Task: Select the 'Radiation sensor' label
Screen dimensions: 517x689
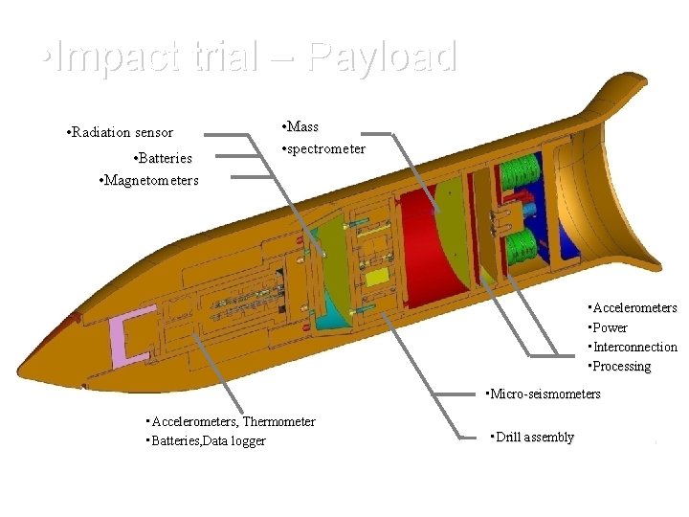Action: pos(121,133)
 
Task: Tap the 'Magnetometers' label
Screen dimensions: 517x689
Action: pos(149,180)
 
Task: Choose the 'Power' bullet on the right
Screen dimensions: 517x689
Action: pos(610,327)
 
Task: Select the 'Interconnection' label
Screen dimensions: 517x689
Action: pos(633,347)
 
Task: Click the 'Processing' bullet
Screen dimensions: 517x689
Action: pos(620,367)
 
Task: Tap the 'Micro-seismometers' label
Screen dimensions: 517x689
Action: pos(544,394)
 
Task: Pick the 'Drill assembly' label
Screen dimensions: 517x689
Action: pos(532,438)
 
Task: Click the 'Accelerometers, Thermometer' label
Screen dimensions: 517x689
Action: pos(230,421)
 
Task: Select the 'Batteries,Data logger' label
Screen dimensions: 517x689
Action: pos(205,440)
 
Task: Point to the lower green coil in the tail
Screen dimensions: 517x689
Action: pos(522,246)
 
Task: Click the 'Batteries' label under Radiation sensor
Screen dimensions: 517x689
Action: pos(164,158)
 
